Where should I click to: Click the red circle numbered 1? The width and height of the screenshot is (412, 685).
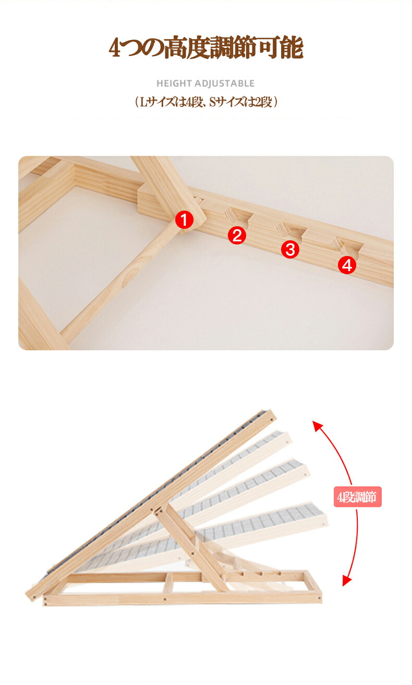click(184, 219)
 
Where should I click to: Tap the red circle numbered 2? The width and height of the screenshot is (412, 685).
click(237, 236)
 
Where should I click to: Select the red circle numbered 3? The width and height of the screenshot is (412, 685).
click(290, 249)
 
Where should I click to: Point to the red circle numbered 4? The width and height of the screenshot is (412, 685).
click(347, 265)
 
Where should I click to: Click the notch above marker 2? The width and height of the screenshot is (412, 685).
click(238, 216)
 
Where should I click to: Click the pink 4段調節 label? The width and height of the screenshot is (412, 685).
click(357, 497)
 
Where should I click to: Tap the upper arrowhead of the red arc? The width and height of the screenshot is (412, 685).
click(317, 425)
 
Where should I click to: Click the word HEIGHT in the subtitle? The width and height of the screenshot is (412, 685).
click(174, 83)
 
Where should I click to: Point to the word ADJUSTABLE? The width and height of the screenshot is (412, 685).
click(224, 83)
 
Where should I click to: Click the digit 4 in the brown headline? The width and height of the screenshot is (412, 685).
click(115, 48)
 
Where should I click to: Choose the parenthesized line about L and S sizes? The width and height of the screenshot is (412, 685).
click(206, 102)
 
